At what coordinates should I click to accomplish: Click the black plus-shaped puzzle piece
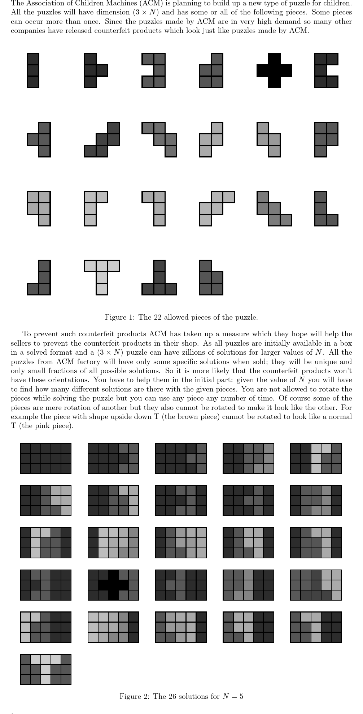(274, 70)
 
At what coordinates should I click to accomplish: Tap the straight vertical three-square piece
(33, 70)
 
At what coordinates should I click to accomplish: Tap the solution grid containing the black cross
(113, 585)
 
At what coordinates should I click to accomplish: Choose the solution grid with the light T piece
(46, 669)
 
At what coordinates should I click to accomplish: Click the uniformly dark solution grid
(46, 458)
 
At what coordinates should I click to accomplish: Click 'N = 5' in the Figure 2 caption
(233, 696)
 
